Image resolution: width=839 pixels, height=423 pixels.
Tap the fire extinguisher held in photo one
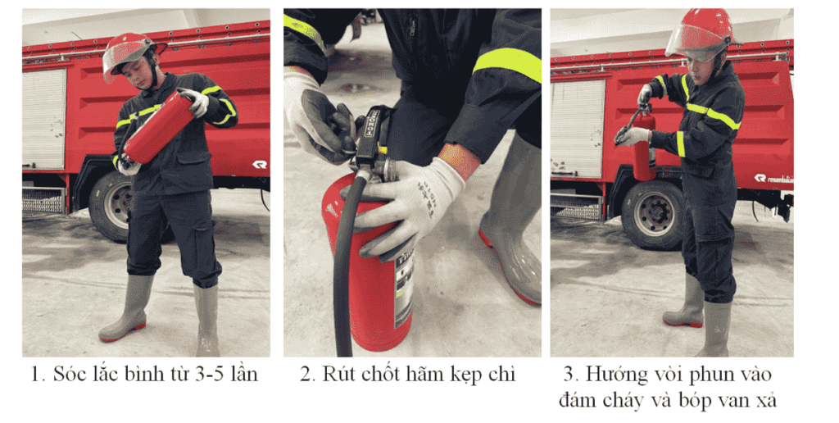pyautogui.click(x=159, y=127)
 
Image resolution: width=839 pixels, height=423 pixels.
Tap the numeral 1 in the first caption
pyautogui.click(x=35, y=375)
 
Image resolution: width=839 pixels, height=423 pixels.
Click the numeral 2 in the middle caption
pyautogui.click(x=306, y=375)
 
